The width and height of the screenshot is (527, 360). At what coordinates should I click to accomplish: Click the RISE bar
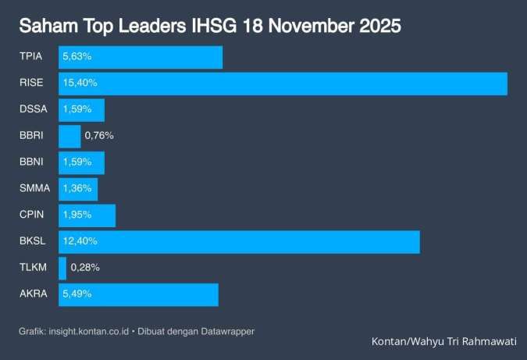(x=283, y=84)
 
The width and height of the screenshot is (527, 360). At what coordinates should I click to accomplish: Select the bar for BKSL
(x=239, y=242)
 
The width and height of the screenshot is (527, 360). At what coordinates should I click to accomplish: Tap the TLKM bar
(x=62, y=269)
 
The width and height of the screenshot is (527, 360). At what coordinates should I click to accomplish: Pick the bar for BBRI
(x=69, y=137)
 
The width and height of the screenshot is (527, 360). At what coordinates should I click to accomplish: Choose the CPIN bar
(x=87, y=216)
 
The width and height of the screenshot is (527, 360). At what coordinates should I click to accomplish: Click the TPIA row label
(x=31, y=57)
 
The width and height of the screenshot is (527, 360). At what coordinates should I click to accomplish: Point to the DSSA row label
(x=33, y=110)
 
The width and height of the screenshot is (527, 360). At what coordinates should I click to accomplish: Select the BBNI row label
(x=32, y=162)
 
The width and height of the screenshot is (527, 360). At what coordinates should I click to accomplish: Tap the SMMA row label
(x=33, y=189)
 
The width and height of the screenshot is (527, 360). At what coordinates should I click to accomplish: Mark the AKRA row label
(x=33, y=294)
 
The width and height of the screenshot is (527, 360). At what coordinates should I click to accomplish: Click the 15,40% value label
(x=80, y=84)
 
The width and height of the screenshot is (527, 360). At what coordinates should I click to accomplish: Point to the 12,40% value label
(x=80, y=242)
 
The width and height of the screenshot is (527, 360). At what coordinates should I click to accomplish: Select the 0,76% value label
(x=99, y=137)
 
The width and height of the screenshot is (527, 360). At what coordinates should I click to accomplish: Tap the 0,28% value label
(x=85, y=269)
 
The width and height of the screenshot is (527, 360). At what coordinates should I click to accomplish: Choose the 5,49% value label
(x=78, y=294)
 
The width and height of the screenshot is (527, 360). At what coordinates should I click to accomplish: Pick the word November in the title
(x=302, y=27)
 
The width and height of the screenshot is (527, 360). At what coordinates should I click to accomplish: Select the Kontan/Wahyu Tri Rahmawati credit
(x=443, y=341)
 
